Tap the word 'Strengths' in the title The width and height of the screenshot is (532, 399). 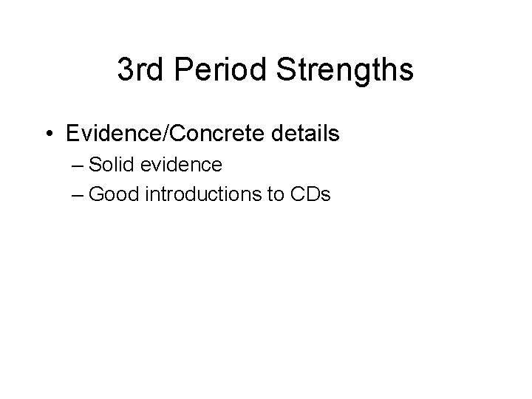coord(345,71)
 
